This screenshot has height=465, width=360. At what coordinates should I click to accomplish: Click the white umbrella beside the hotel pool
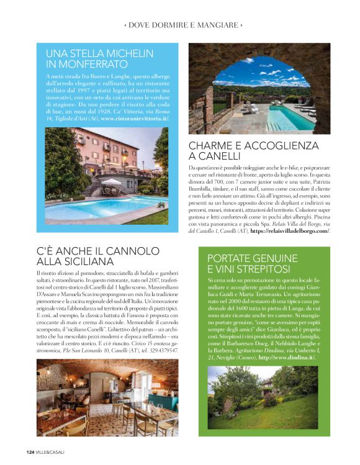pyautogui.click(x=112, y=181)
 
